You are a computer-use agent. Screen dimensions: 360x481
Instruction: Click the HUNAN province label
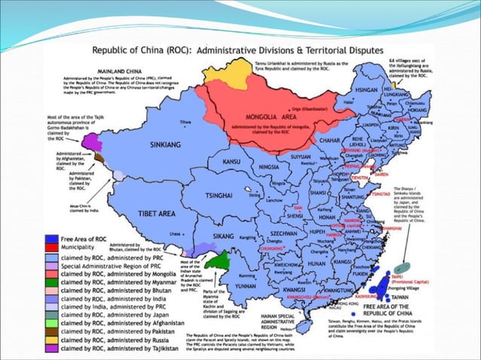click(x=315, y=264)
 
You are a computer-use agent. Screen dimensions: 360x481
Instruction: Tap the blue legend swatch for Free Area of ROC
click(x=51, y=239)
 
